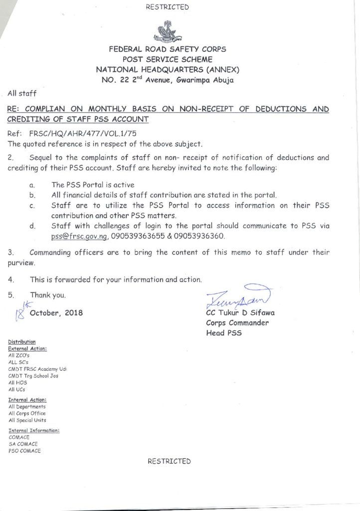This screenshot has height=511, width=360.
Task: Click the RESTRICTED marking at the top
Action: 168,7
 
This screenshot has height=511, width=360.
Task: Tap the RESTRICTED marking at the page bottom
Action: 169,461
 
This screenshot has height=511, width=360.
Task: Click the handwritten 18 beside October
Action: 20,312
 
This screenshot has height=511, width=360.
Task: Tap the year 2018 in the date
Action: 73,313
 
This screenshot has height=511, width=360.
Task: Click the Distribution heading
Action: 22,341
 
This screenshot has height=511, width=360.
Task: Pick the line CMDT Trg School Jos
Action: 33,376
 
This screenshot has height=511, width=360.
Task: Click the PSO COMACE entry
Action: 25,450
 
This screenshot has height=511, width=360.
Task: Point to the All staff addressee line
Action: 21,93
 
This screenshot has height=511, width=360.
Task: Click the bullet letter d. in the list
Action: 32,226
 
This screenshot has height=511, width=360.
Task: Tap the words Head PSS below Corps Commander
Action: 224,332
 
